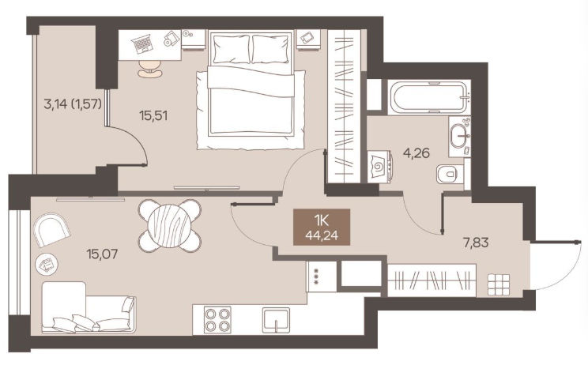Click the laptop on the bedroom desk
(x=142, y=43)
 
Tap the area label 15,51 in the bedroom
(x=153, y=116)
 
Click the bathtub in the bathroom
(x=429, y=96)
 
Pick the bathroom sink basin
(x=459, y=137)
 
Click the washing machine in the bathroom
(x=380, y=167)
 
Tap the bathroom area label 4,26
(x=416, y=153)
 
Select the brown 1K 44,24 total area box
(x=322, y=227)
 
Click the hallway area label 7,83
(x=476, y=243)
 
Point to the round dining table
(x=170, y=226)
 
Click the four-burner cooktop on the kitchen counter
(x=217, y=320)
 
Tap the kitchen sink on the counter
(x=276, y=320)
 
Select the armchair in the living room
(x=51, y=229)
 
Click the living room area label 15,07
(x=102, y=254)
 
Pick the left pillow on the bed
(x=231, y=49)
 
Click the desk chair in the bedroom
(x=150, y=69)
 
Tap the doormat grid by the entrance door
(x=499, y=285)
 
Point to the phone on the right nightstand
(x=307, y=37)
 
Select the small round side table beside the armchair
(x=47, y=264)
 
